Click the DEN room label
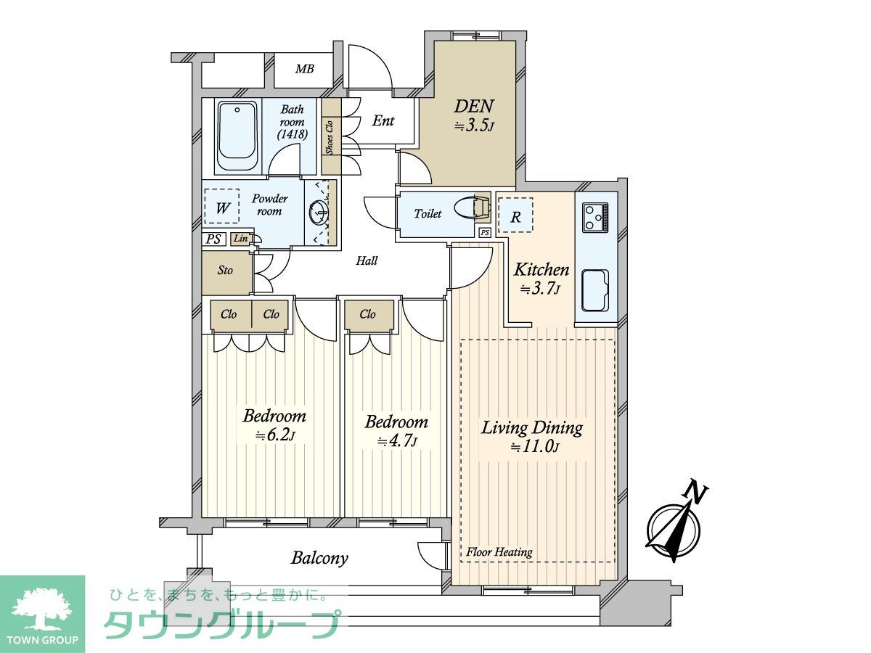474,106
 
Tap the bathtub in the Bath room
237,136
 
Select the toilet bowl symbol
471,210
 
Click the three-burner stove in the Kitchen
595,217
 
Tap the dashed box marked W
222,206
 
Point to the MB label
304,69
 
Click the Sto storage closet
226,272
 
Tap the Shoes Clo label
329,137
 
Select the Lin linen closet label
240,239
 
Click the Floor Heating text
499,552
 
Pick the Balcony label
319,559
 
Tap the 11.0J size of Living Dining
535,447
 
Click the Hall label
367,260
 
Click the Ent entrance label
383,120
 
